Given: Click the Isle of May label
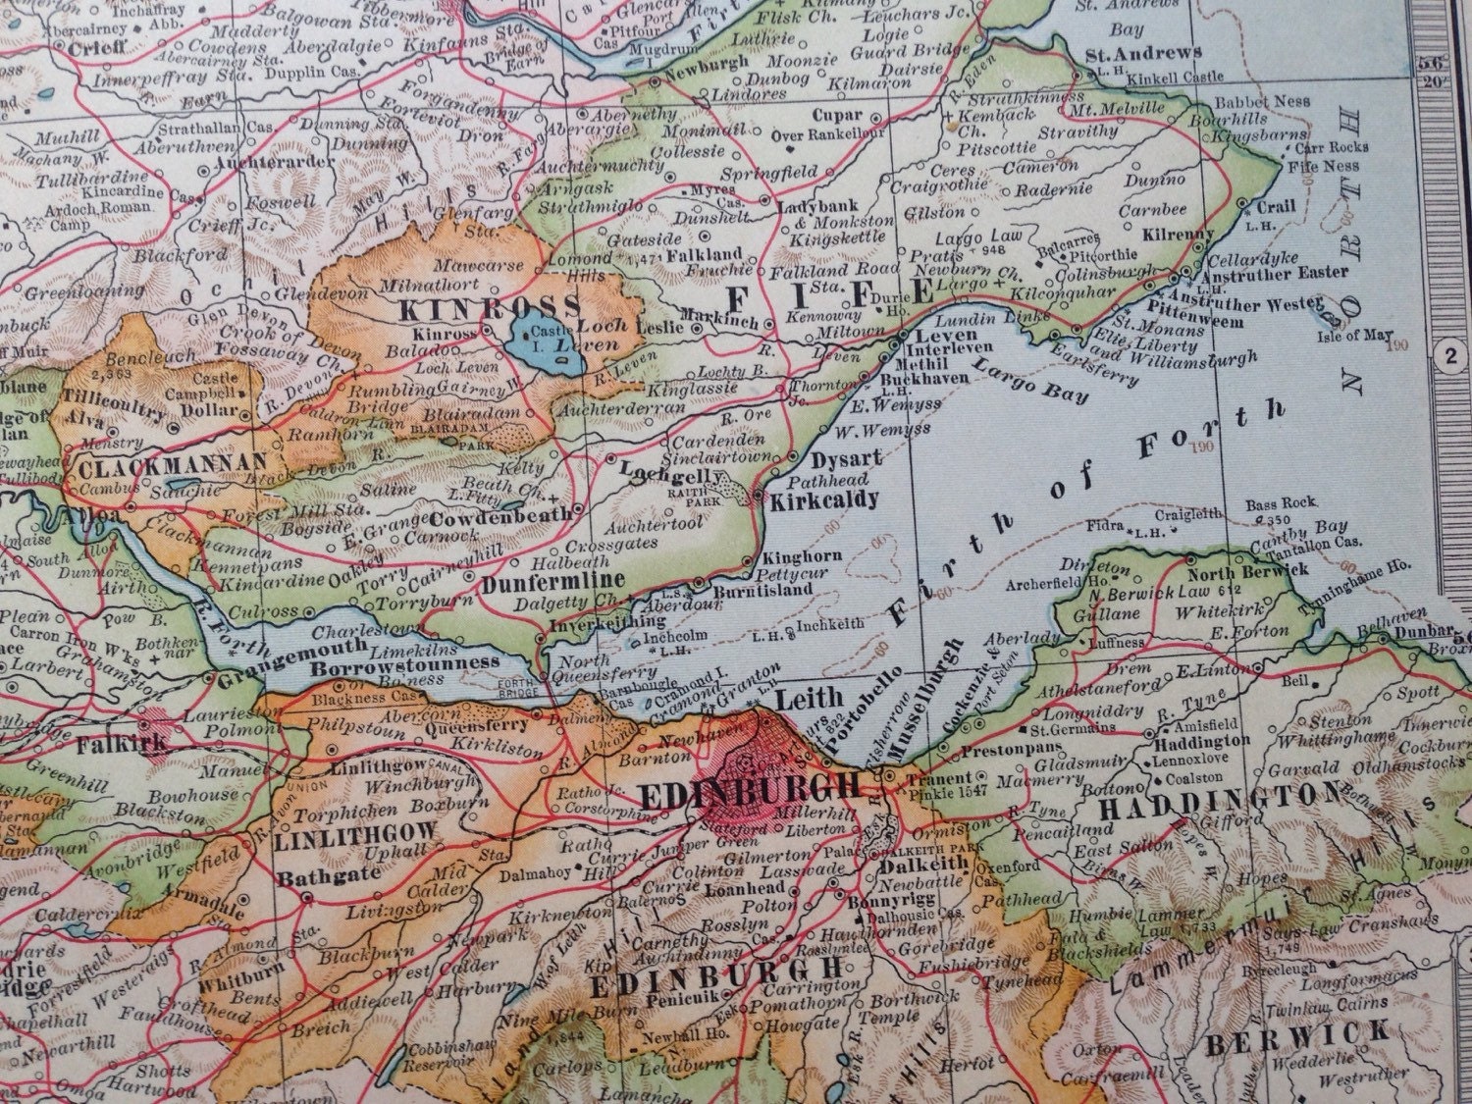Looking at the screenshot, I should pos(1353,336).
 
